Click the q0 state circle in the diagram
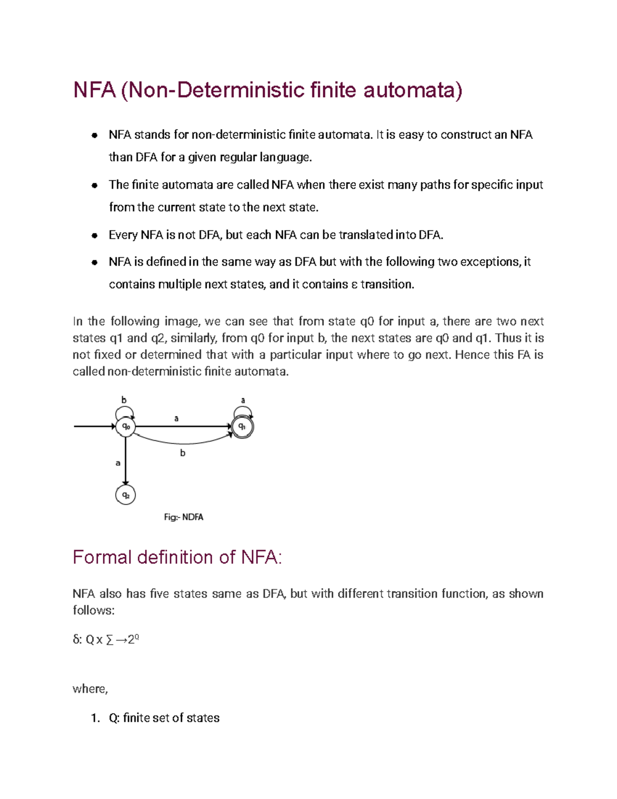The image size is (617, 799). [125, 427]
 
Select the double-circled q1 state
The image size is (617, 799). [242, 427]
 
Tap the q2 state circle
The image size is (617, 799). [125, 495]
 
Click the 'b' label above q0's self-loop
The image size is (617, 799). [123, 400]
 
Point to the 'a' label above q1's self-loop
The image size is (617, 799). [243, 400]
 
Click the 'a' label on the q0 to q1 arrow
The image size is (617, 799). [176, 418]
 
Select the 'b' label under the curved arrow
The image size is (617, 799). [183, 453]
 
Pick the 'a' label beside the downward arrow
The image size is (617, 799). [118, 463]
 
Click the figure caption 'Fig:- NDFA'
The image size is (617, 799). [184, 517]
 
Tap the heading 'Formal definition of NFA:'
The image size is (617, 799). [177, 557]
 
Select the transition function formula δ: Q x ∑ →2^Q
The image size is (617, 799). [106, 640]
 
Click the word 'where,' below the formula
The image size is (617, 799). [90, 689]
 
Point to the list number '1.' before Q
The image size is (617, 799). [95, 718]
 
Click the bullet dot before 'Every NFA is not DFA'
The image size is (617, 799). [95, 236]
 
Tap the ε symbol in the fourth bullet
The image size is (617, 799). [354, 285]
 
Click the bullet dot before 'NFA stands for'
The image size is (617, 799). [95, 135]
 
